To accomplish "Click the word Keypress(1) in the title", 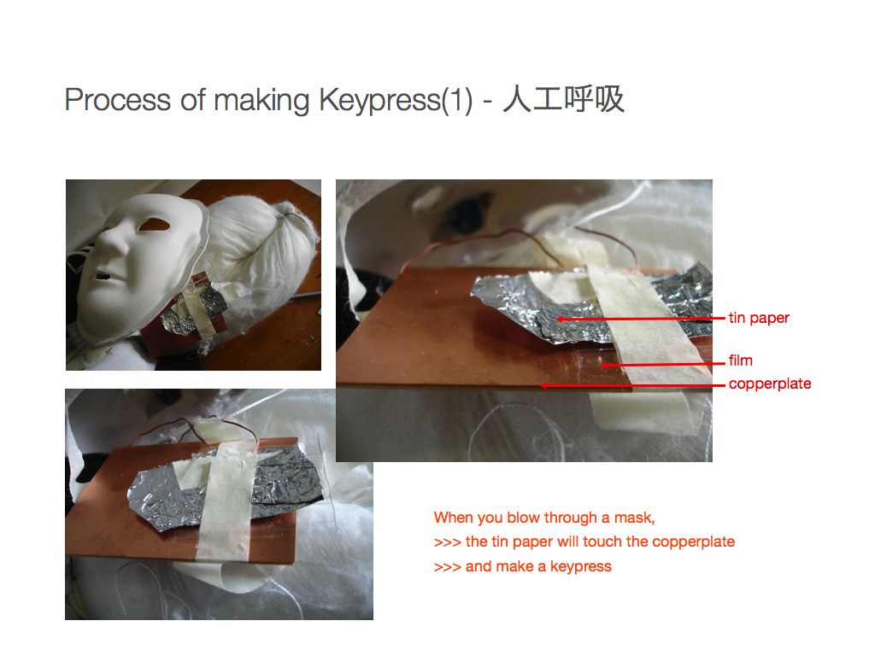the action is click(x=396, y=101).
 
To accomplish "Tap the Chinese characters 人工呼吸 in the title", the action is click(x=564, y=99).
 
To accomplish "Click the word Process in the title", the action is click(x=118, y=101).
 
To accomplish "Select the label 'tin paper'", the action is click(x=759, y=318).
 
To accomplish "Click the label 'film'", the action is click(x=741, y=360).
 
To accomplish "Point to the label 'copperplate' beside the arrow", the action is click(x=770, y=384).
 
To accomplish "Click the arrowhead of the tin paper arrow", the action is click(x=559, y=319).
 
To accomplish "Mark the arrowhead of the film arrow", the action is click(x=604, y=366).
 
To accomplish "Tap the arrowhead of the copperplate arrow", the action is click(x=543, y=385).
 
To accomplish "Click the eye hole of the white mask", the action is click(x=153, y=225).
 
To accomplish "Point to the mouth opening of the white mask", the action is click(x=103, y=276).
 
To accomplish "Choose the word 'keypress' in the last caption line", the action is click(x=581, y=567).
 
